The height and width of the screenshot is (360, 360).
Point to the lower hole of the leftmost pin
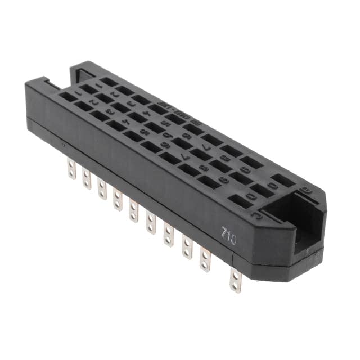click(x=72, y=173)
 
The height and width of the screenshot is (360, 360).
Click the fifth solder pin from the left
click(x=133, y=209)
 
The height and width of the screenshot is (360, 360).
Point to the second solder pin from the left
click(x=86, y=179)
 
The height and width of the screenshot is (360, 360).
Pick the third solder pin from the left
click(x=102, y=188)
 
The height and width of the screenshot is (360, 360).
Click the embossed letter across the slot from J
click(x=308, y=190)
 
